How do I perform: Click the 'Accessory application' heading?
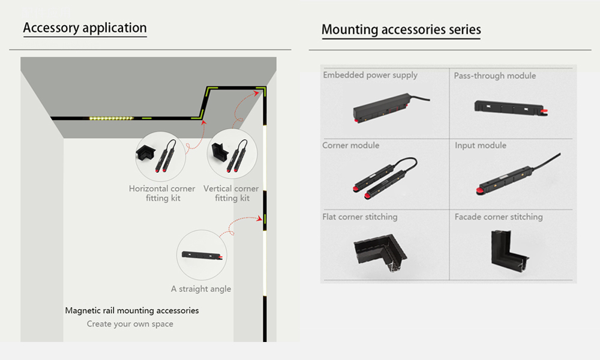tap(85, 28)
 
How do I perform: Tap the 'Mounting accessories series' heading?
tap(401, 29)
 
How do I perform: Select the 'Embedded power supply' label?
tap(370, 76)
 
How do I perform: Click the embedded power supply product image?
tap(387, 108)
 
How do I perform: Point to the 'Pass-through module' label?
tap(494, 76)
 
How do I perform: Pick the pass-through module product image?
tap(509, 107)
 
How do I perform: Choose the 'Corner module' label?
tap(350, 146)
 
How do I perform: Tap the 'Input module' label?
tap(480, 146)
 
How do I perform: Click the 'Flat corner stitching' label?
tap(359, 217)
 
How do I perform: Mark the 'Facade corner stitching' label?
tap(498, 217)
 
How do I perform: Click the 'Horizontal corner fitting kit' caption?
tap(162, 193)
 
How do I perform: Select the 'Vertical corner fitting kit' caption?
tap(231, 193)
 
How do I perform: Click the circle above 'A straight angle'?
tap(202, 255)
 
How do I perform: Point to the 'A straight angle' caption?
tap(201, 289)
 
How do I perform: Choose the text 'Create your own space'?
tap(130, 324)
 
